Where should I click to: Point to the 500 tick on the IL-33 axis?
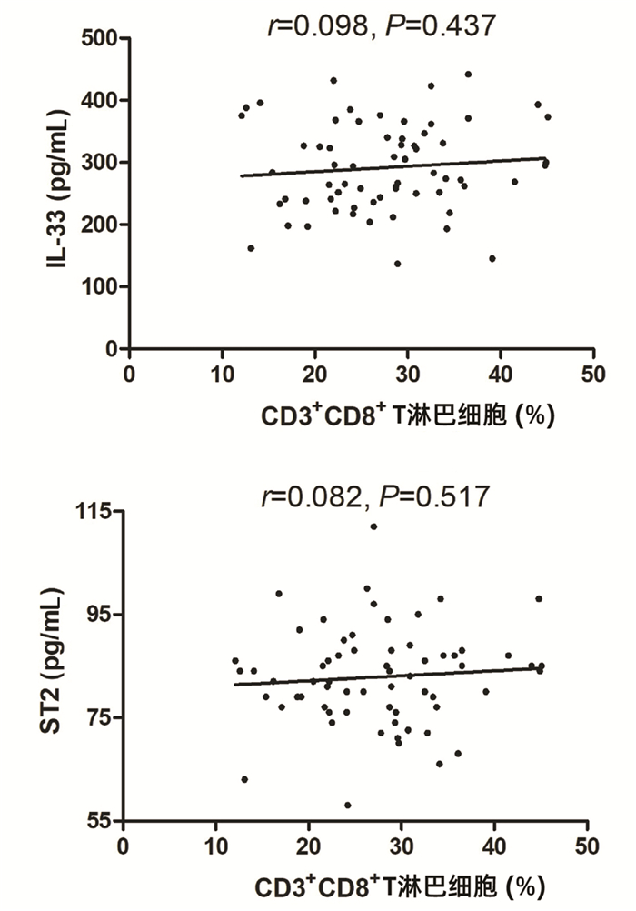(102, 39)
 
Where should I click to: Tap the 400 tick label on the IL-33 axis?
(102, 101)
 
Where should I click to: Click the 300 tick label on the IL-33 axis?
(102, 163)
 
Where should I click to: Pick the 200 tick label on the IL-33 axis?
(102, 225)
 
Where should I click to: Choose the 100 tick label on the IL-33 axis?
(102, 287)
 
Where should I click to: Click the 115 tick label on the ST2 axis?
(97, 512)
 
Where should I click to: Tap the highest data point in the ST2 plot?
(373, 526)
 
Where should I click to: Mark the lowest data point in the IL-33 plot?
(397, 264)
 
